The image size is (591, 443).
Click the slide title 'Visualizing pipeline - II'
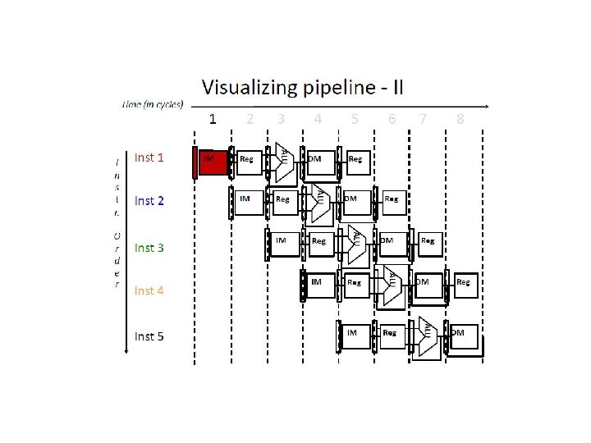301,86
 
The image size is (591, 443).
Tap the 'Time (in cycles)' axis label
153,104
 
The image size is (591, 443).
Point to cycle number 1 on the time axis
213,119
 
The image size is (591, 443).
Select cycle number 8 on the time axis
460,119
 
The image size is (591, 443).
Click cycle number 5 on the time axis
355,119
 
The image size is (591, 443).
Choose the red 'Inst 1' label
149,157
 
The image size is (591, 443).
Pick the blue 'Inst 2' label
149,200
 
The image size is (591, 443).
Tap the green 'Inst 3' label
149,247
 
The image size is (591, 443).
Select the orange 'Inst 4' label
149,290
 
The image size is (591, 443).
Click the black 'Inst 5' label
149,336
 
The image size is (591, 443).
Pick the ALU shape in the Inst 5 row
428,335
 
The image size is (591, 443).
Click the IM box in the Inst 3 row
284,244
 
